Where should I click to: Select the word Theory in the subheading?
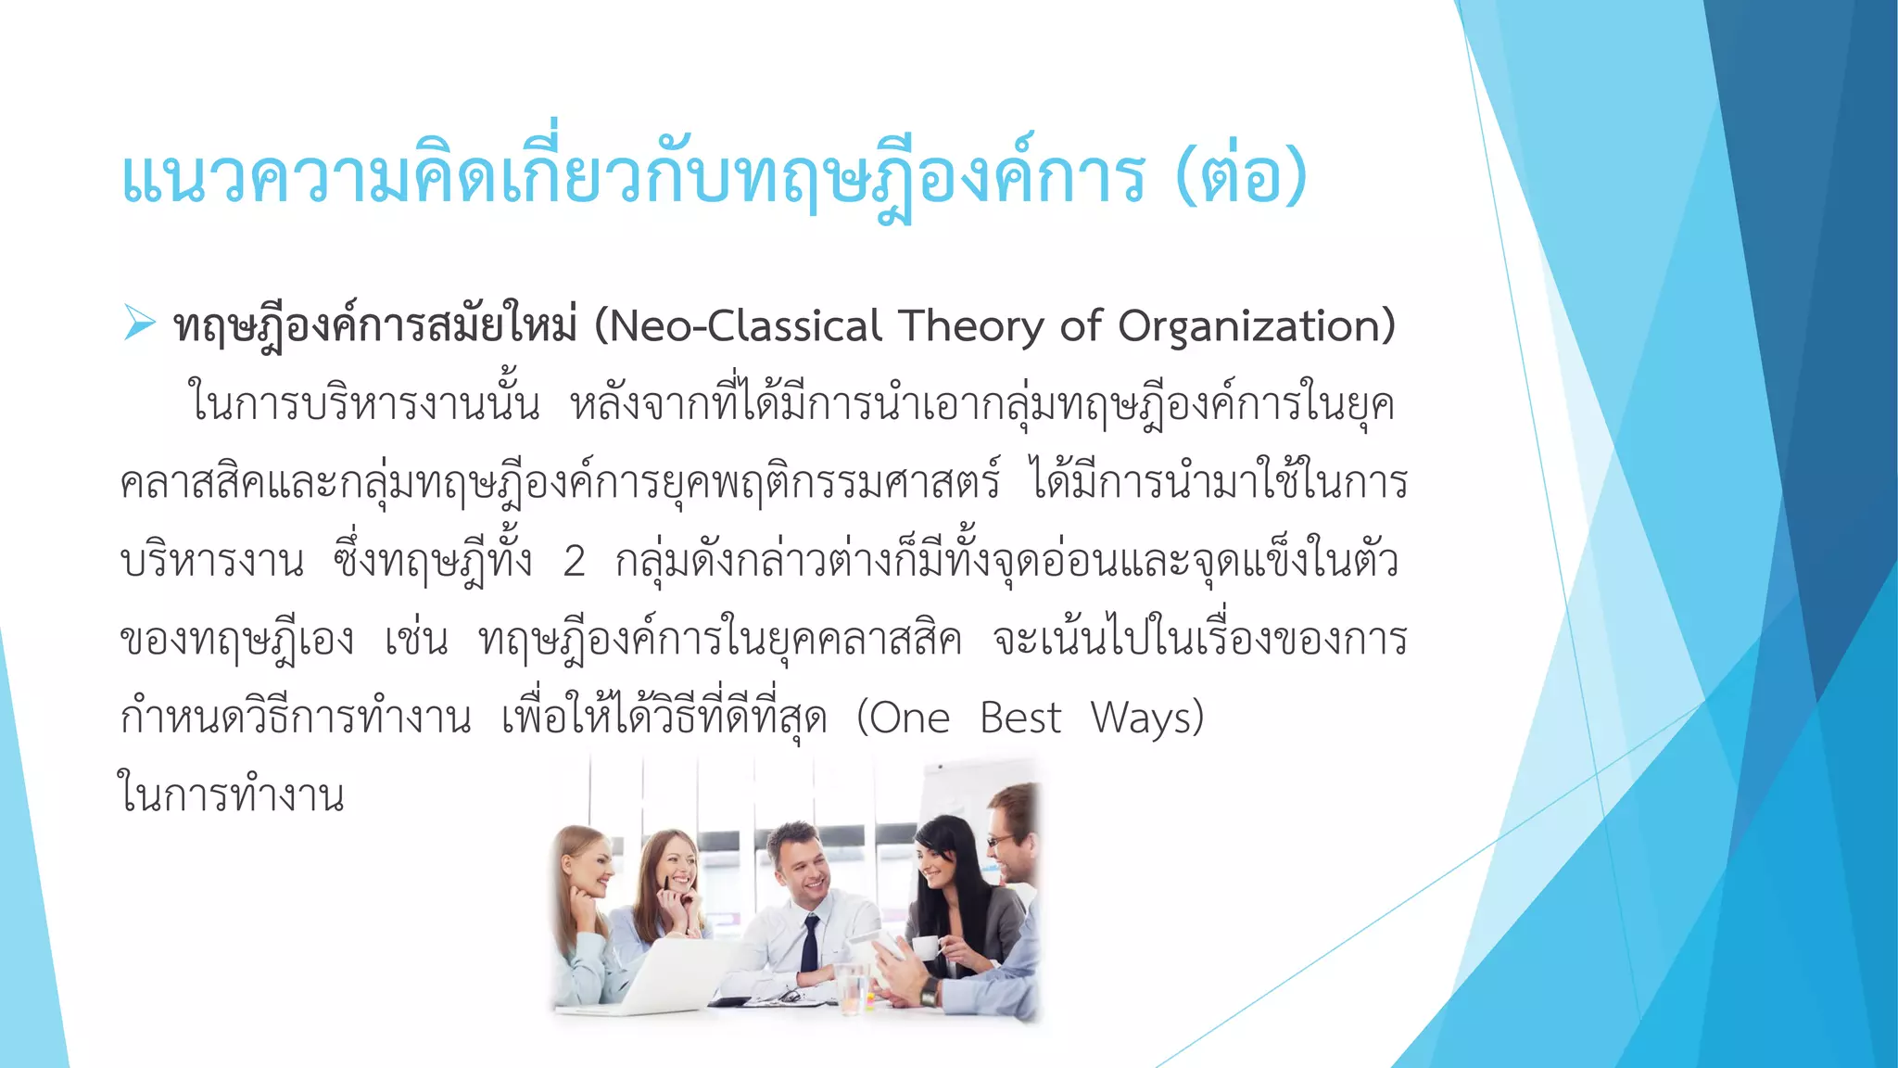pos(972,326)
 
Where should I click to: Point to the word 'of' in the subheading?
pos(1080,326)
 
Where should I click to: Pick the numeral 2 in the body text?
pos(575,561)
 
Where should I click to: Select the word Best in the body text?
pos(1020,718)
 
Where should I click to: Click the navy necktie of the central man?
pos(811,941)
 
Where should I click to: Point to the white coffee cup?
pos(925,947)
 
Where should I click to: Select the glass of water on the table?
pos(850,986)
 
